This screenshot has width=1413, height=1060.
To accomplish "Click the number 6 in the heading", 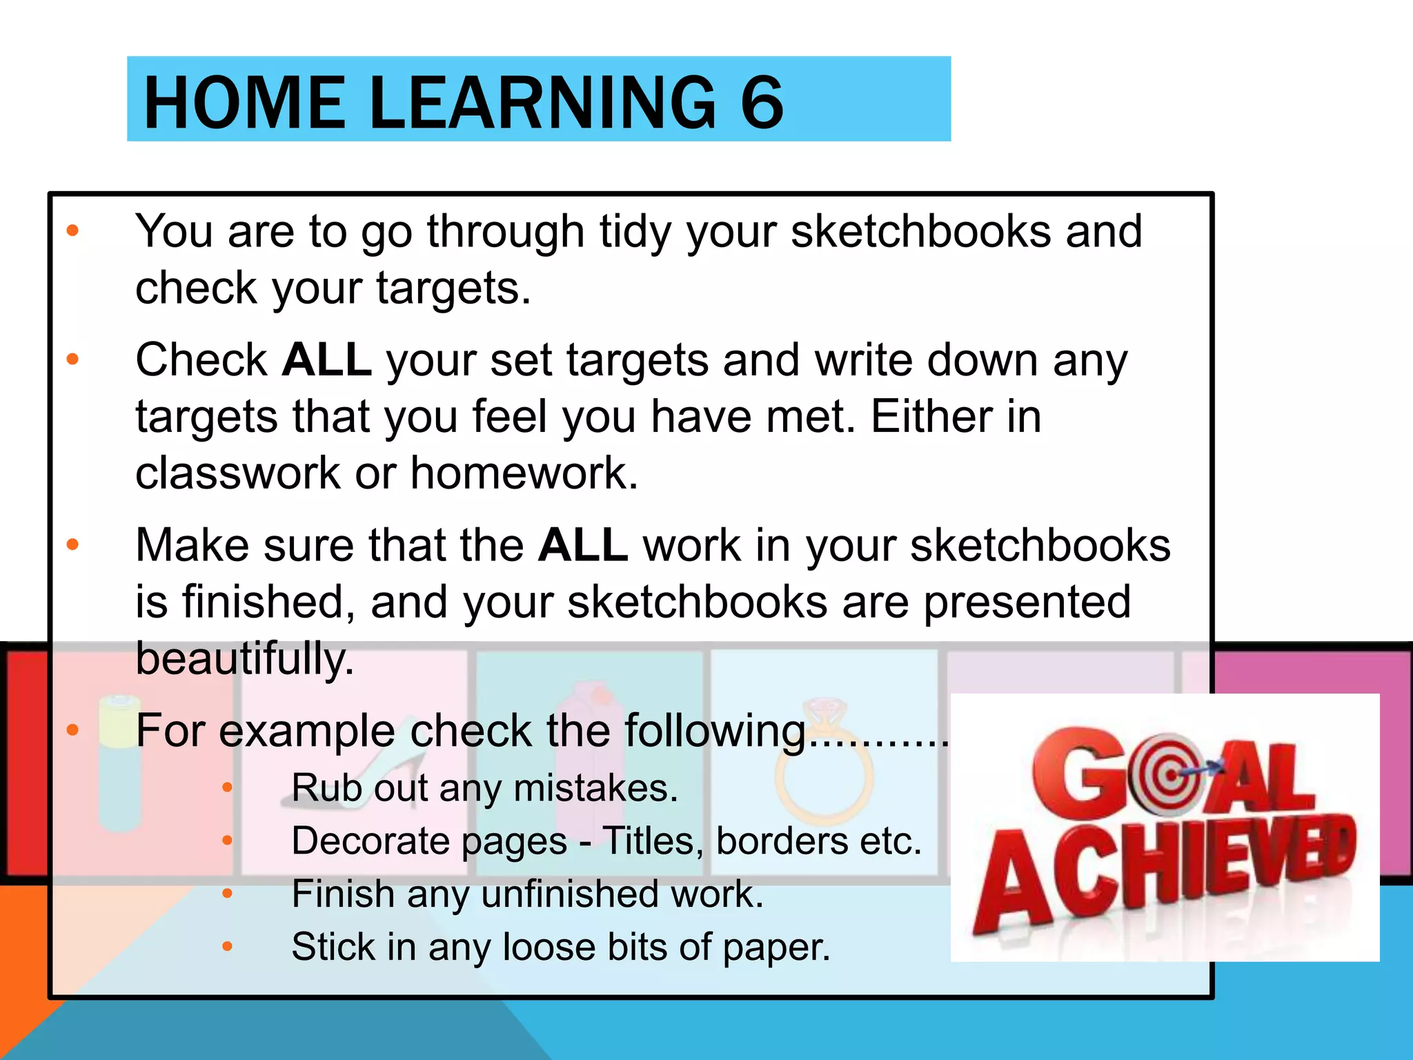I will [762, 104].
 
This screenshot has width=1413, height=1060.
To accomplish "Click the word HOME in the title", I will [244, 104].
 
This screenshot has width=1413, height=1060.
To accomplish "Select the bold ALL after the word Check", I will [327, 360].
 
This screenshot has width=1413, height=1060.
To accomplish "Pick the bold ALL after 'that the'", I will [583, 545].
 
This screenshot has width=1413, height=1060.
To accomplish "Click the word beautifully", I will [244, 659].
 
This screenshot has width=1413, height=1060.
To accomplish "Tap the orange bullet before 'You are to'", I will [72, 230].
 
